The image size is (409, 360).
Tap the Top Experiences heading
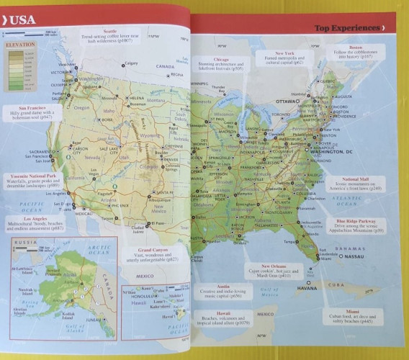(x=346, y=29)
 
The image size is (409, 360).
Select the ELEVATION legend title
(x=19, y=45)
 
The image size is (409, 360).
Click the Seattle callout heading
(x=109, y=32)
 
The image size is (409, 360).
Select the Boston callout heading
(x=355, y=48)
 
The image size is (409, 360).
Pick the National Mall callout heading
(x=355, y=179)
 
